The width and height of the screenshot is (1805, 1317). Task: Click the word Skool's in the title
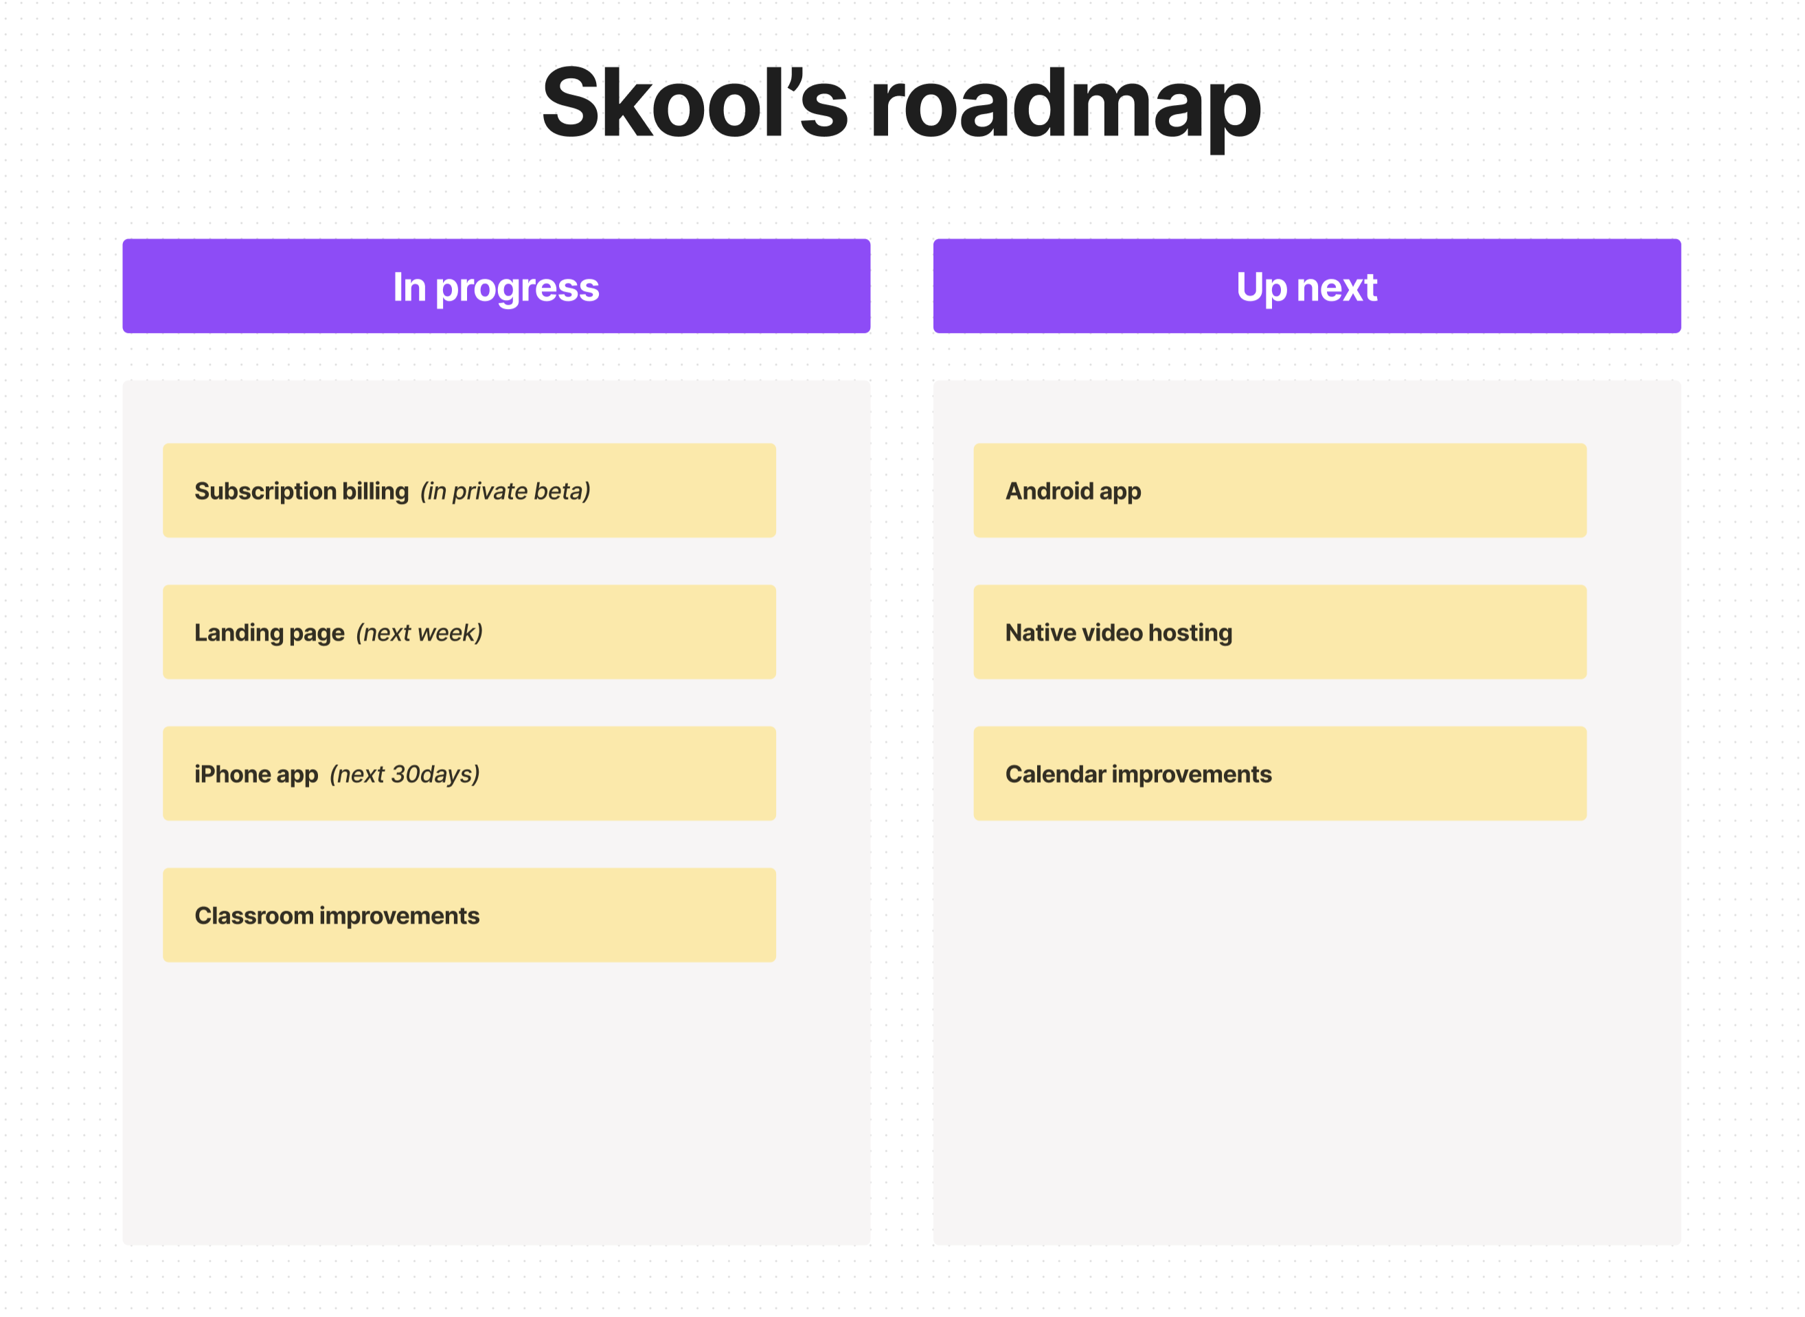click(x=694, y=104)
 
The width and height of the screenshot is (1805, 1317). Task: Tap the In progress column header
click(x=496, y=286)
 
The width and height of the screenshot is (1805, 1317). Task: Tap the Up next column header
click(x=1307, y=286)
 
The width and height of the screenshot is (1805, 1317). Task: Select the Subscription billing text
click(x=302, y=491)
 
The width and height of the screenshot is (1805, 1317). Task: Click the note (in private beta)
click(x=506, y=491)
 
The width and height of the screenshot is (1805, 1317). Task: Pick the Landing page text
click(x=269, y=633)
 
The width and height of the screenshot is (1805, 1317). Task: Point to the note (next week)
click(x=420, y=633)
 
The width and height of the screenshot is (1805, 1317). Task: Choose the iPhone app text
click(x=256, y=774)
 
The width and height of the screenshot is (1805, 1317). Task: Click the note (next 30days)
click(x=405, y=774)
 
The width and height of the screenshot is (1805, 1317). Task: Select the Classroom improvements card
click(x=469, y=915)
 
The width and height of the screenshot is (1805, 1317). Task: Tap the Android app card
click(x=1280, y=491)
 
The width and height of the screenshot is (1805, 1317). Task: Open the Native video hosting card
click(x=1280, y=633)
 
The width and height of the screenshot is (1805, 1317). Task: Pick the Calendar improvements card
click(x=1280, y=774)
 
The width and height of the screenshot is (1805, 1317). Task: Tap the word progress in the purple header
click(x=517, y=288)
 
